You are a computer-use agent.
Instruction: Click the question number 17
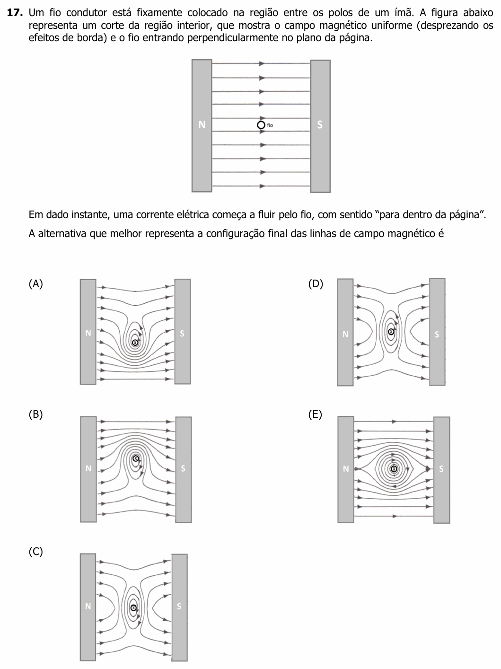[x=15, y=12]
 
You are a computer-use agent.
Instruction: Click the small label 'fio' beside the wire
[x=270, y=125]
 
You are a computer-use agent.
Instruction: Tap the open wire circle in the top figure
[x=261, y=125]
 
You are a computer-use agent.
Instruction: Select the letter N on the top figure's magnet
[x=202, y=124]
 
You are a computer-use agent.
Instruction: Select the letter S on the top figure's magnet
[x=320, y=124]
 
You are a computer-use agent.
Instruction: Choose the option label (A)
[x=35, y=284]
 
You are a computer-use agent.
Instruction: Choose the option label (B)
[x=35, y=414]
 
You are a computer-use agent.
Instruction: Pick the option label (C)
[x=35, y=551]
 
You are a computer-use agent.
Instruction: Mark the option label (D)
[x=316, y=284]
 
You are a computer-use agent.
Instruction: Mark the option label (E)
[x=315, y=414]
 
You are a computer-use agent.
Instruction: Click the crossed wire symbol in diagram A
[x=135, y=343]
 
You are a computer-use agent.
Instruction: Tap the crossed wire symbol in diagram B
[x=136, y=458]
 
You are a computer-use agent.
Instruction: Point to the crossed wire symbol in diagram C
[x=133, y=608]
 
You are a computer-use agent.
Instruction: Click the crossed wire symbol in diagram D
[x=391, y=332]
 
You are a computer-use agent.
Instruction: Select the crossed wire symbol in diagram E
[x=394, y=469]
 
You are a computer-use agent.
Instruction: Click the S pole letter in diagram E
[x=441, y=469]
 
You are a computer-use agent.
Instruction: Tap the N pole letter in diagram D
[x=345, y=334]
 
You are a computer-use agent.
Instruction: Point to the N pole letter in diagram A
[x=88, y=333]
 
